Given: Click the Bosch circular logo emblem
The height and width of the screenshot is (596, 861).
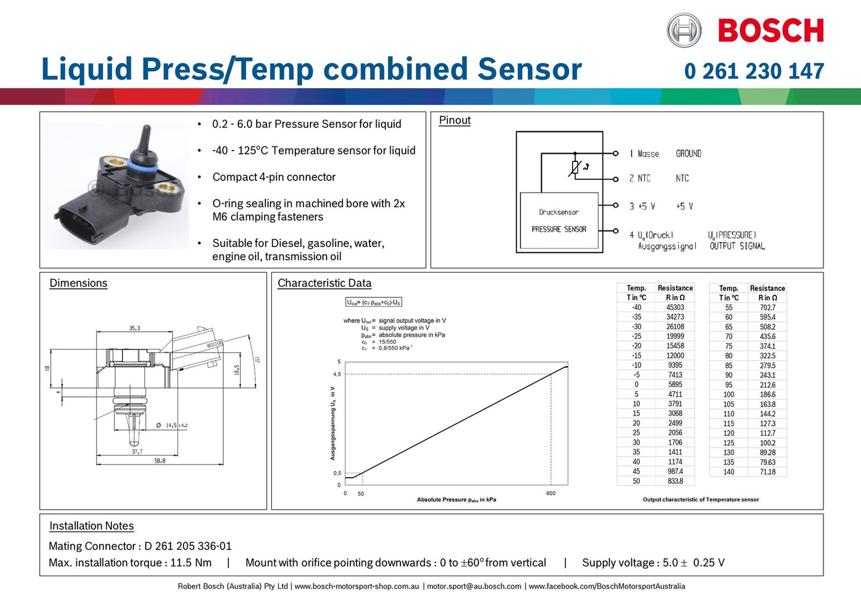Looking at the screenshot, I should pos(683,30).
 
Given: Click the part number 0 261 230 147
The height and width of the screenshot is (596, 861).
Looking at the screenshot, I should pos(754,71).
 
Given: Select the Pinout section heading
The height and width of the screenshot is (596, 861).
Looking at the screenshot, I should pos(455,120).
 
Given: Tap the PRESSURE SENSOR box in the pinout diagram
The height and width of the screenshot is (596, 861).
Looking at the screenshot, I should pos(559,220).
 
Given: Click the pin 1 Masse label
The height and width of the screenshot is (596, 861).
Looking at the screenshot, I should pos(644,154).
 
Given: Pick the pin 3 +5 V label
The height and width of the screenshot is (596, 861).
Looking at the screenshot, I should pos(642,207).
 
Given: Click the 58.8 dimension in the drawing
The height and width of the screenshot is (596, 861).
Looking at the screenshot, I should pos(160,461).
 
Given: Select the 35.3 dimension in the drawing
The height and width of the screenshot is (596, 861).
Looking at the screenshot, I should pos(135,328).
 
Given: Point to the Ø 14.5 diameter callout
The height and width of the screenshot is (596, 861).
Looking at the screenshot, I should pos(172,425).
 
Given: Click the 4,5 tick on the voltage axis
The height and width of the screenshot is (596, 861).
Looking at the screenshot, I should pos(337,374).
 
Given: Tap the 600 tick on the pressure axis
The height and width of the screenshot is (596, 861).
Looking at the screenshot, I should pos(551,494).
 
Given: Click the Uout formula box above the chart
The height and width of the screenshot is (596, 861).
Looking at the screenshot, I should pos(374,302).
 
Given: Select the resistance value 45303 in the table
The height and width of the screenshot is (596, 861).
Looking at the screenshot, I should pos(675,307).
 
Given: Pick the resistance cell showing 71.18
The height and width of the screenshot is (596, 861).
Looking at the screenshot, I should pos(767,472).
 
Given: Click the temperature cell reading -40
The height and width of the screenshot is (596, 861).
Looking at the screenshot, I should pos(636,307).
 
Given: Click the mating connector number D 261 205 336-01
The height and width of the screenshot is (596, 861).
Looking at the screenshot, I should pos(188,546).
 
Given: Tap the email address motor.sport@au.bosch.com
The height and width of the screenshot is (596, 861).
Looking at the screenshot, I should pos(474,586).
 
